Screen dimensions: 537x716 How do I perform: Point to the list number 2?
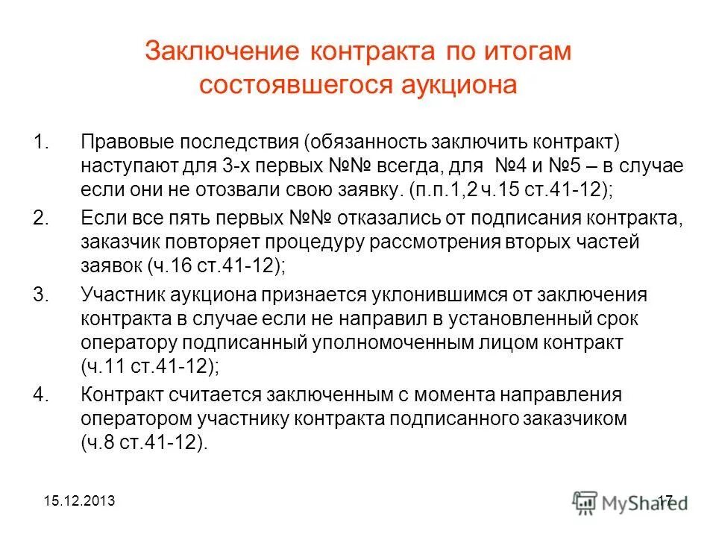(42, 219)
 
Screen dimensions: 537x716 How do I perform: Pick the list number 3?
(42, 295)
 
